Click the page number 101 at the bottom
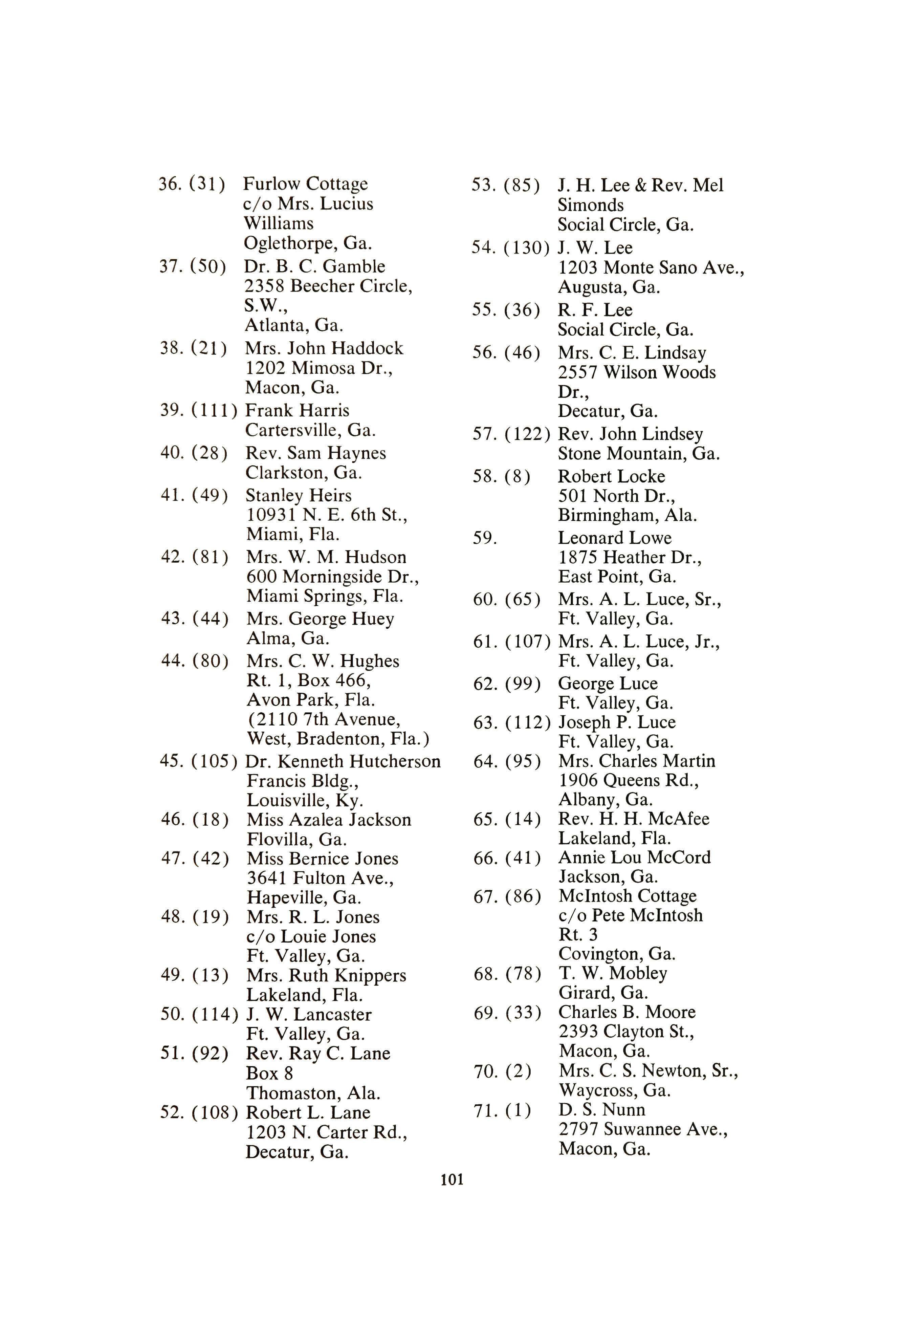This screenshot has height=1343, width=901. click(452, 1180)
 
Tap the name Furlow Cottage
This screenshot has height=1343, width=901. click(305, 184)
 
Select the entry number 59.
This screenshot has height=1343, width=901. click(484, 539)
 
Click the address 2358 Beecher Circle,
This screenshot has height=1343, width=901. click(328, 286)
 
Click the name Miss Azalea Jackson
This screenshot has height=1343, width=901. click(329, 820)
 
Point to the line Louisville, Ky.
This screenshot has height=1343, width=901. click(305, 801)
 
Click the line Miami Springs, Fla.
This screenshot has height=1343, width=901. click(325, 596)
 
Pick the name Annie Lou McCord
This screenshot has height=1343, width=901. click(634, 858)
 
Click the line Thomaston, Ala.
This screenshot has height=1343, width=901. click(313, 1093)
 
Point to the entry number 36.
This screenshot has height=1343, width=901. click(171, 184)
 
